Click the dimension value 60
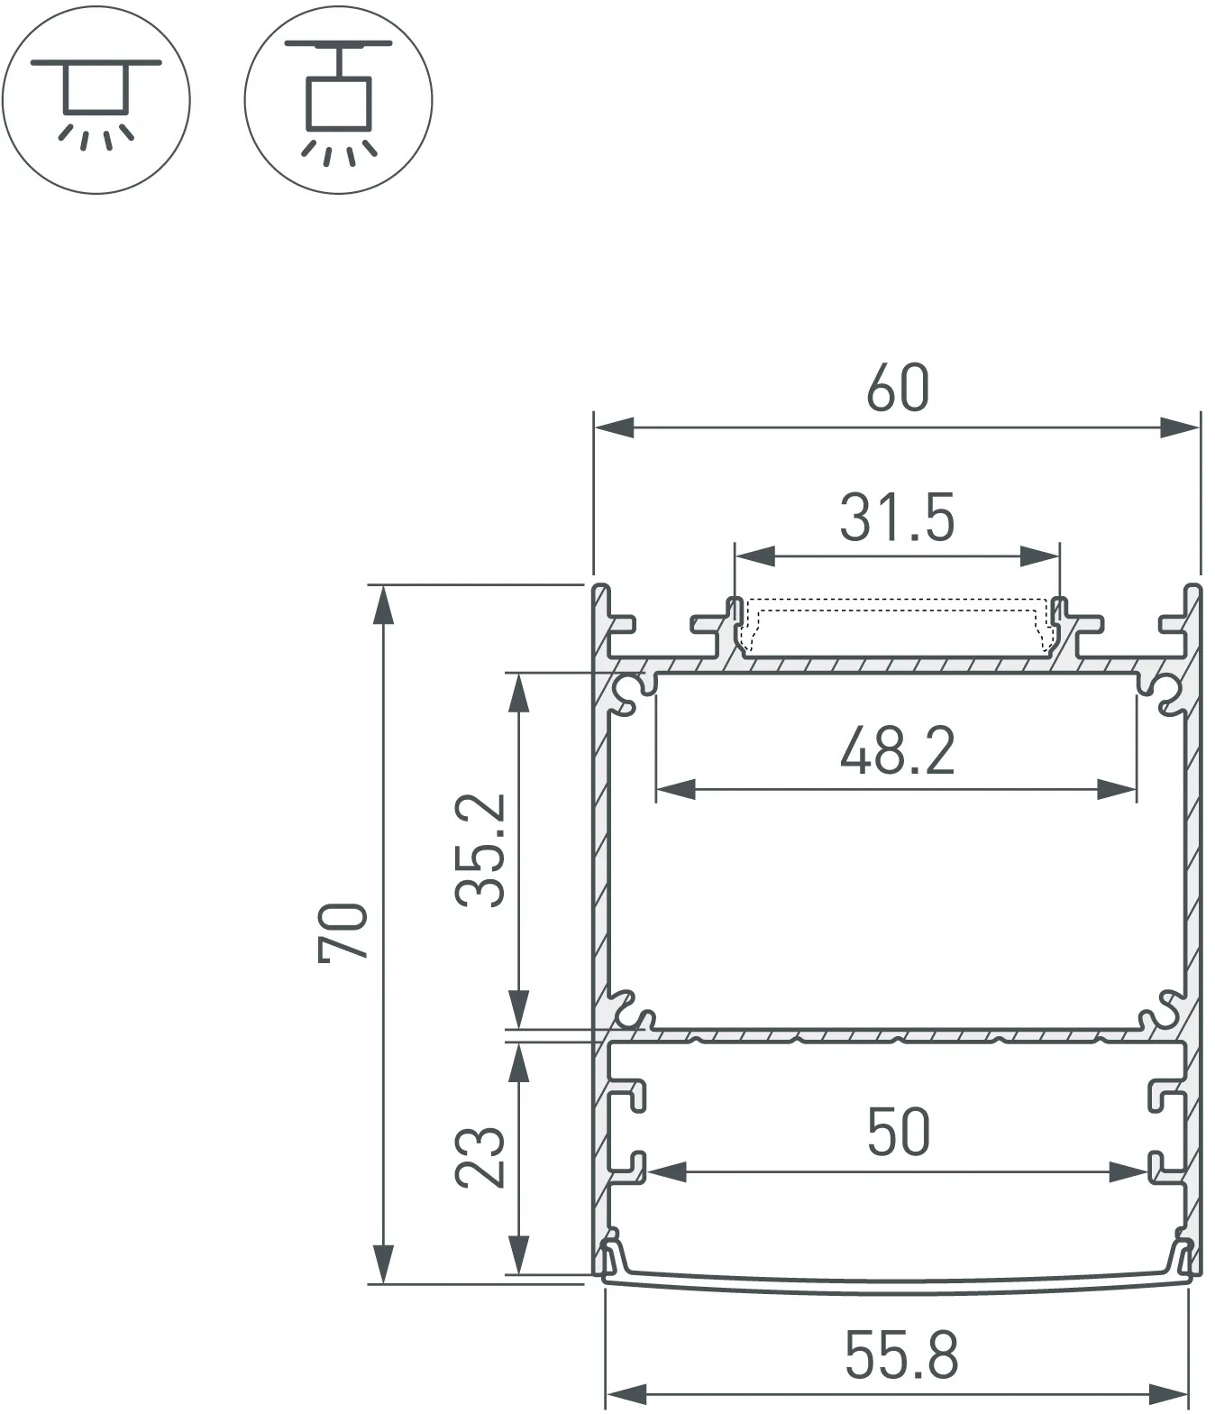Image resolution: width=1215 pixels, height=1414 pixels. point(897,389)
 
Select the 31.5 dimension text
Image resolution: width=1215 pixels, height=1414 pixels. point(897,518)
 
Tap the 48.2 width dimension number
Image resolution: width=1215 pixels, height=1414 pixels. point(897,751)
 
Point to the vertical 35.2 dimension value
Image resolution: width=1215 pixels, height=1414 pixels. point(480,850)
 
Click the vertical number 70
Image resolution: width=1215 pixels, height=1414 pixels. point(343,932)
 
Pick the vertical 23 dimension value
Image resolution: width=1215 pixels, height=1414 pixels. point(480,1156)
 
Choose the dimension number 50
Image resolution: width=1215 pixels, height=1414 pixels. point(899,1132)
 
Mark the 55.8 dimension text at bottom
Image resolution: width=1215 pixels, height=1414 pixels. point(901,1354)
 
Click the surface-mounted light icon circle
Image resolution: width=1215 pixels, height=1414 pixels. point(96,100)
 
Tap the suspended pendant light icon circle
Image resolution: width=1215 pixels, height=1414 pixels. point(338,100)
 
